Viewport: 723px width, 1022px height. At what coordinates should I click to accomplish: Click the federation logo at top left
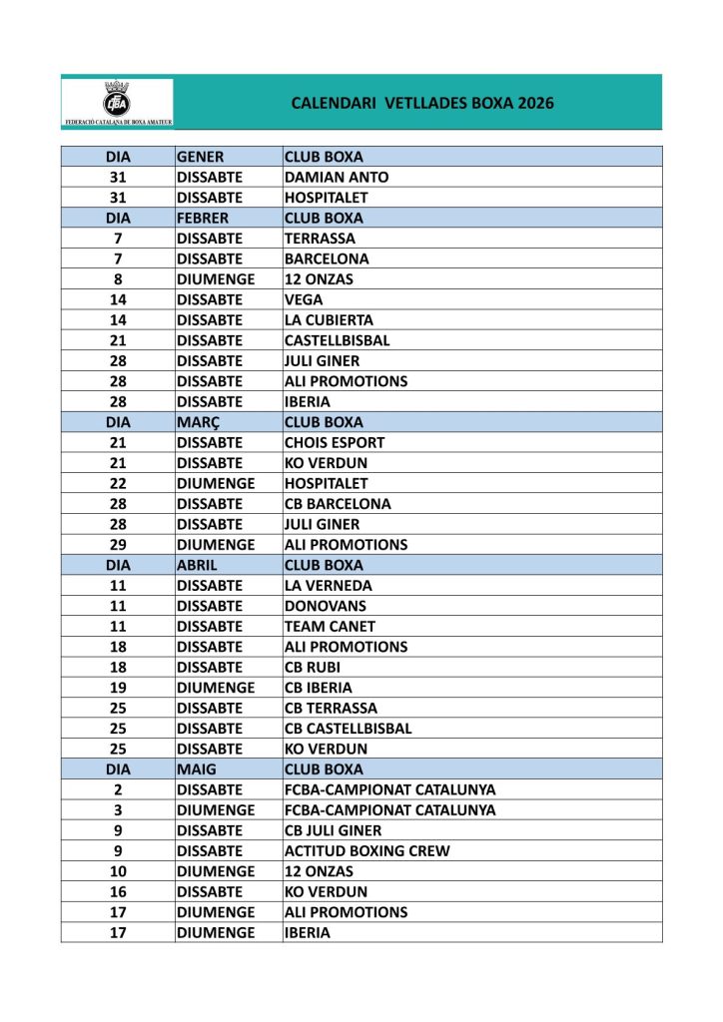point(117,103)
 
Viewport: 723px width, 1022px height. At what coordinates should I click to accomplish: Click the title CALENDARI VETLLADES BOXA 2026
point(422,103)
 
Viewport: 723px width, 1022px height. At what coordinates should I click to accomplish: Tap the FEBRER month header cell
point(203,218)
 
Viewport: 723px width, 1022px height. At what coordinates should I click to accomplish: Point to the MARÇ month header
point(199,422)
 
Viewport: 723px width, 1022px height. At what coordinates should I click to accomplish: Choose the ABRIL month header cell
point(198,565)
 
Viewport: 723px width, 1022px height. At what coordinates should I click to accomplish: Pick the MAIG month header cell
point(197,769)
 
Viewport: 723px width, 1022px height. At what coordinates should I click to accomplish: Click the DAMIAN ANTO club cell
point(337,178)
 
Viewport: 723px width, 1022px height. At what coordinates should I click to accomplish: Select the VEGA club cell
point(304,299)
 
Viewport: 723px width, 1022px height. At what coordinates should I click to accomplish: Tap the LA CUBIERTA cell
point(329,320)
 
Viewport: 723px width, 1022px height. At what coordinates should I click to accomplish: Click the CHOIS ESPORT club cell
point(335,442)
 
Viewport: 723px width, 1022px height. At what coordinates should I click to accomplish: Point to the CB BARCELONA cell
point(338,504)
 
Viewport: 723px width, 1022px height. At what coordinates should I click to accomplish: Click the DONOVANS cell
point(326,606)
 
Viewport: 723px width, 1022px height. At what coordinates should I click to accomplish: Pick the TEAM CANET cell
point(330,627)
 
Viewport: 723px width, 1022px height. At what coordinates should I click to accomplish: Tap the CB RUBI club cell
point(314,668)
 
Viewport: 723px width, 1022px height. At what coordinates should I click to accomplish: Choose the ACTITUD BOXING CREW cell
point(366,851)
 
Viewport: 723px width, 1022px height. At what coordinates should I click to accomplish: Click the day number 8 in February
point(118,279)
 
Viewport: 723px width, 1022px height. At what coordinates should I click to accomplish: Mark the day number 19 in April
point(118,688)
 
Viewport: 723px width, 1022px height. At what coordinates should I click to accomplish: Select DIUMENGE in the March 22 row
point(215,483)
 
